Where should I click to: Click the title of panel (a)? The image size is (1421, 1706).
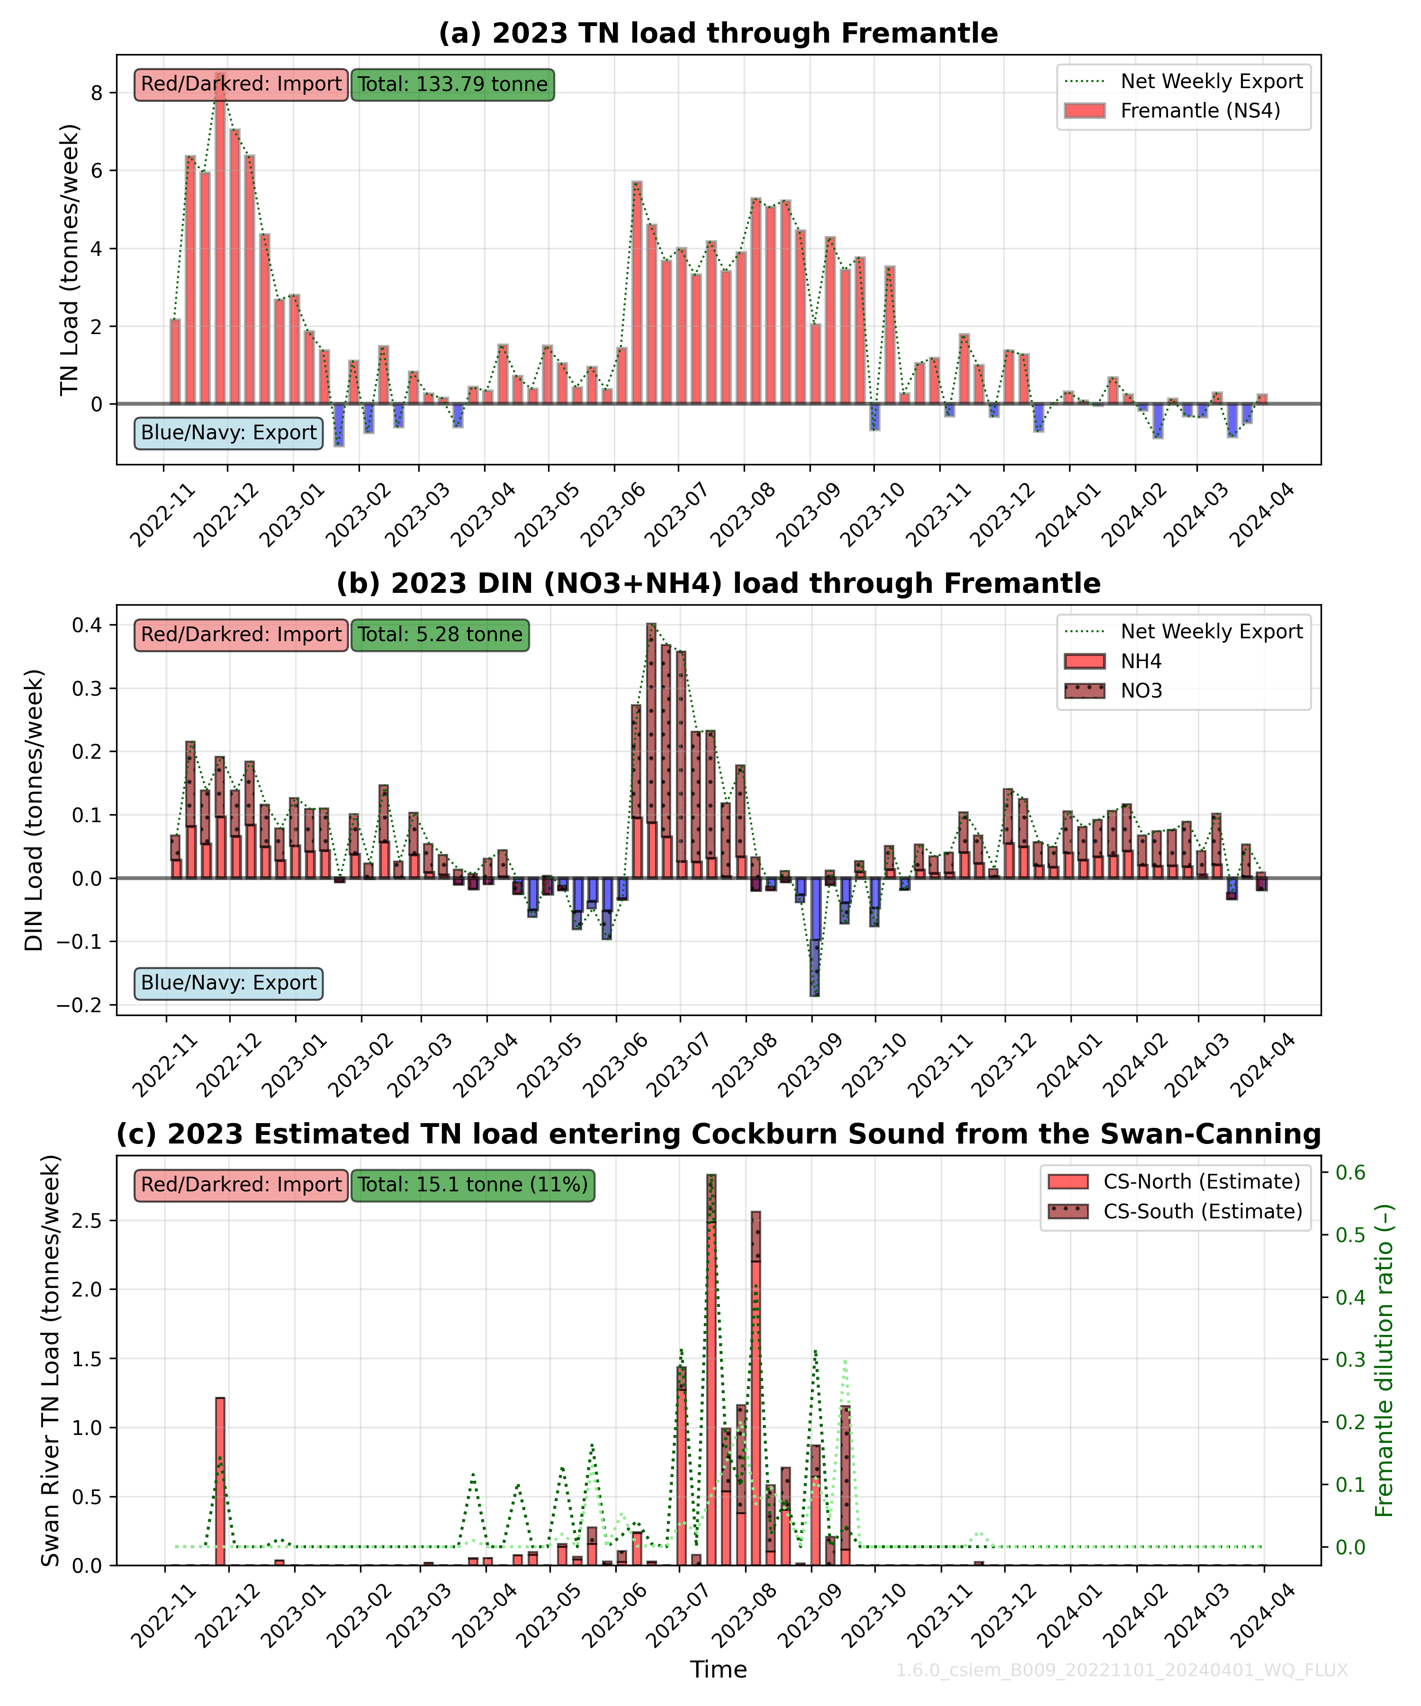tap(718, 33)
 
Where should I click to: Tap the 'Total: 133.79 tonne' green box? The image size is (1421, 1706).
tap(452, 84)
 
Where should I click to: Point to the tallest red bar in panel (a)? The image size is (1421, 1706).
tap(220, 244)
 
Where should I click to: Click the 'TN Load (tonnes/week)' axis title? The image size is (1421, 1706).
tap(70, 260)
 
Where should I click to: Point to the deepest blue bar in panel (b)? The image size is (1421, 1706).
tap(814, 943)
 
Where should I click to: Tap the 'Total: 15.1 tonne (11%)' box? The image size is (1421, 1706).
tap(473, 1184)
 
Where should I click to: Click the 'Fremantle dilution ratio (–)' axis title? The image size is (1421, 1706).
tap(1385, 1361)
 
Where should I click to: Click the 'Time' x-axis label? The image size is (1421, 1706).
tap(718, 1670)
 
